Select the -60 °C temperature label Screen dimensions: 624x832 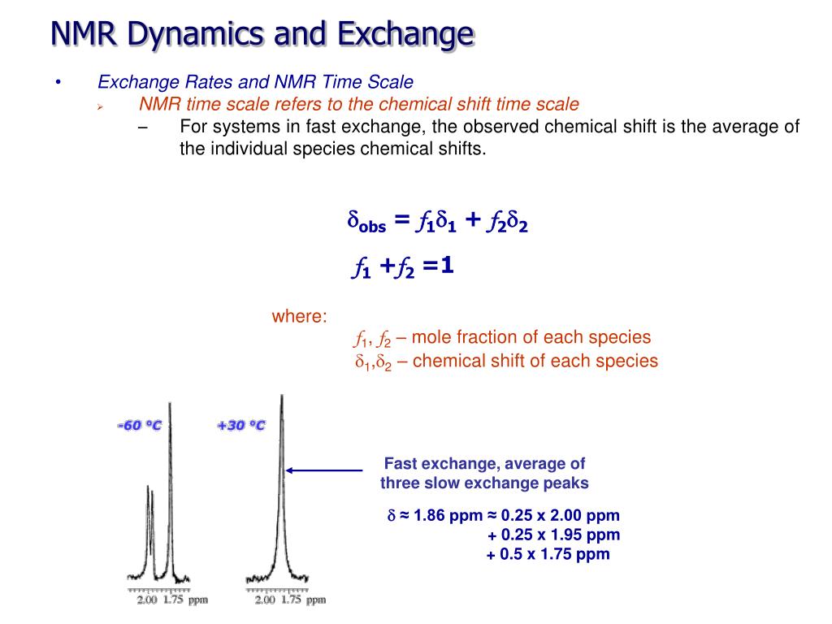click(140, 426)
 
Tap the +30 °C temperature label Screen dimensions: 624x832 click(241, 426)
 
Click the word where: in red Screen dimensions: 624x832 click(299, 317)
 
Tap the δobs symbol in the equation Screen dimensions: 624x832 click(366, 222)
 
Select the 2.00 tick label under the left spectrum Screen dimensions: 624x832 click(147, 600)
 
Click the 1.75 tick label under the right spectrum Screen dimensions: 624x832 click(290, 600)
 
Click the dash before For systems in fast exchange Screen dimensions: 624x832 click(144, 127)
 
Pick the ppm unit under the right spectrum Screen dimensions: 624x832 click(315, 600)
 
